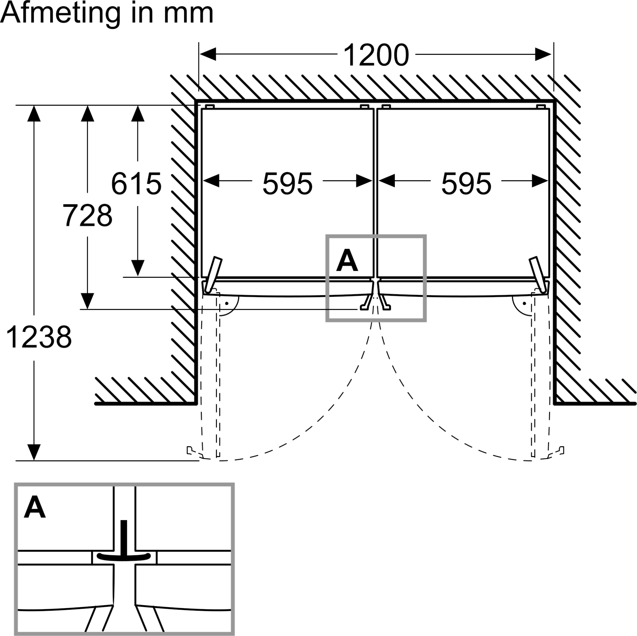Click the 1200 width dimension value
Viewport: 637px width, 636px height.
tap(376, 55)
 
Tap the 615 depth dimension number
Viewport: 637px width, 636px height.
tap(136, 183)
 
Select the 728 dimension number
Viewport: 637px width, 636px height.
tap(88, 215)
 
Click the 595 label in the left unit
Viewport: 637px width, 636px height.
tap(287, 183)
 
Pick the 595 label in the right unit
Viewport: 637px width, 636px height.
tap(466, 183)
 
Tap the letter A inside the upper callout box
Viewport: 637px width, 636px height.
tap(347, 260)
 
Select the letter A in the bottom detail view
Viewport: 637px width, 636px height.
tap(35, 517)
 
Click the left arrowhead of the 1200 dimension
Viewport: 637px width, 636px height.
tap(208, 54)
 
